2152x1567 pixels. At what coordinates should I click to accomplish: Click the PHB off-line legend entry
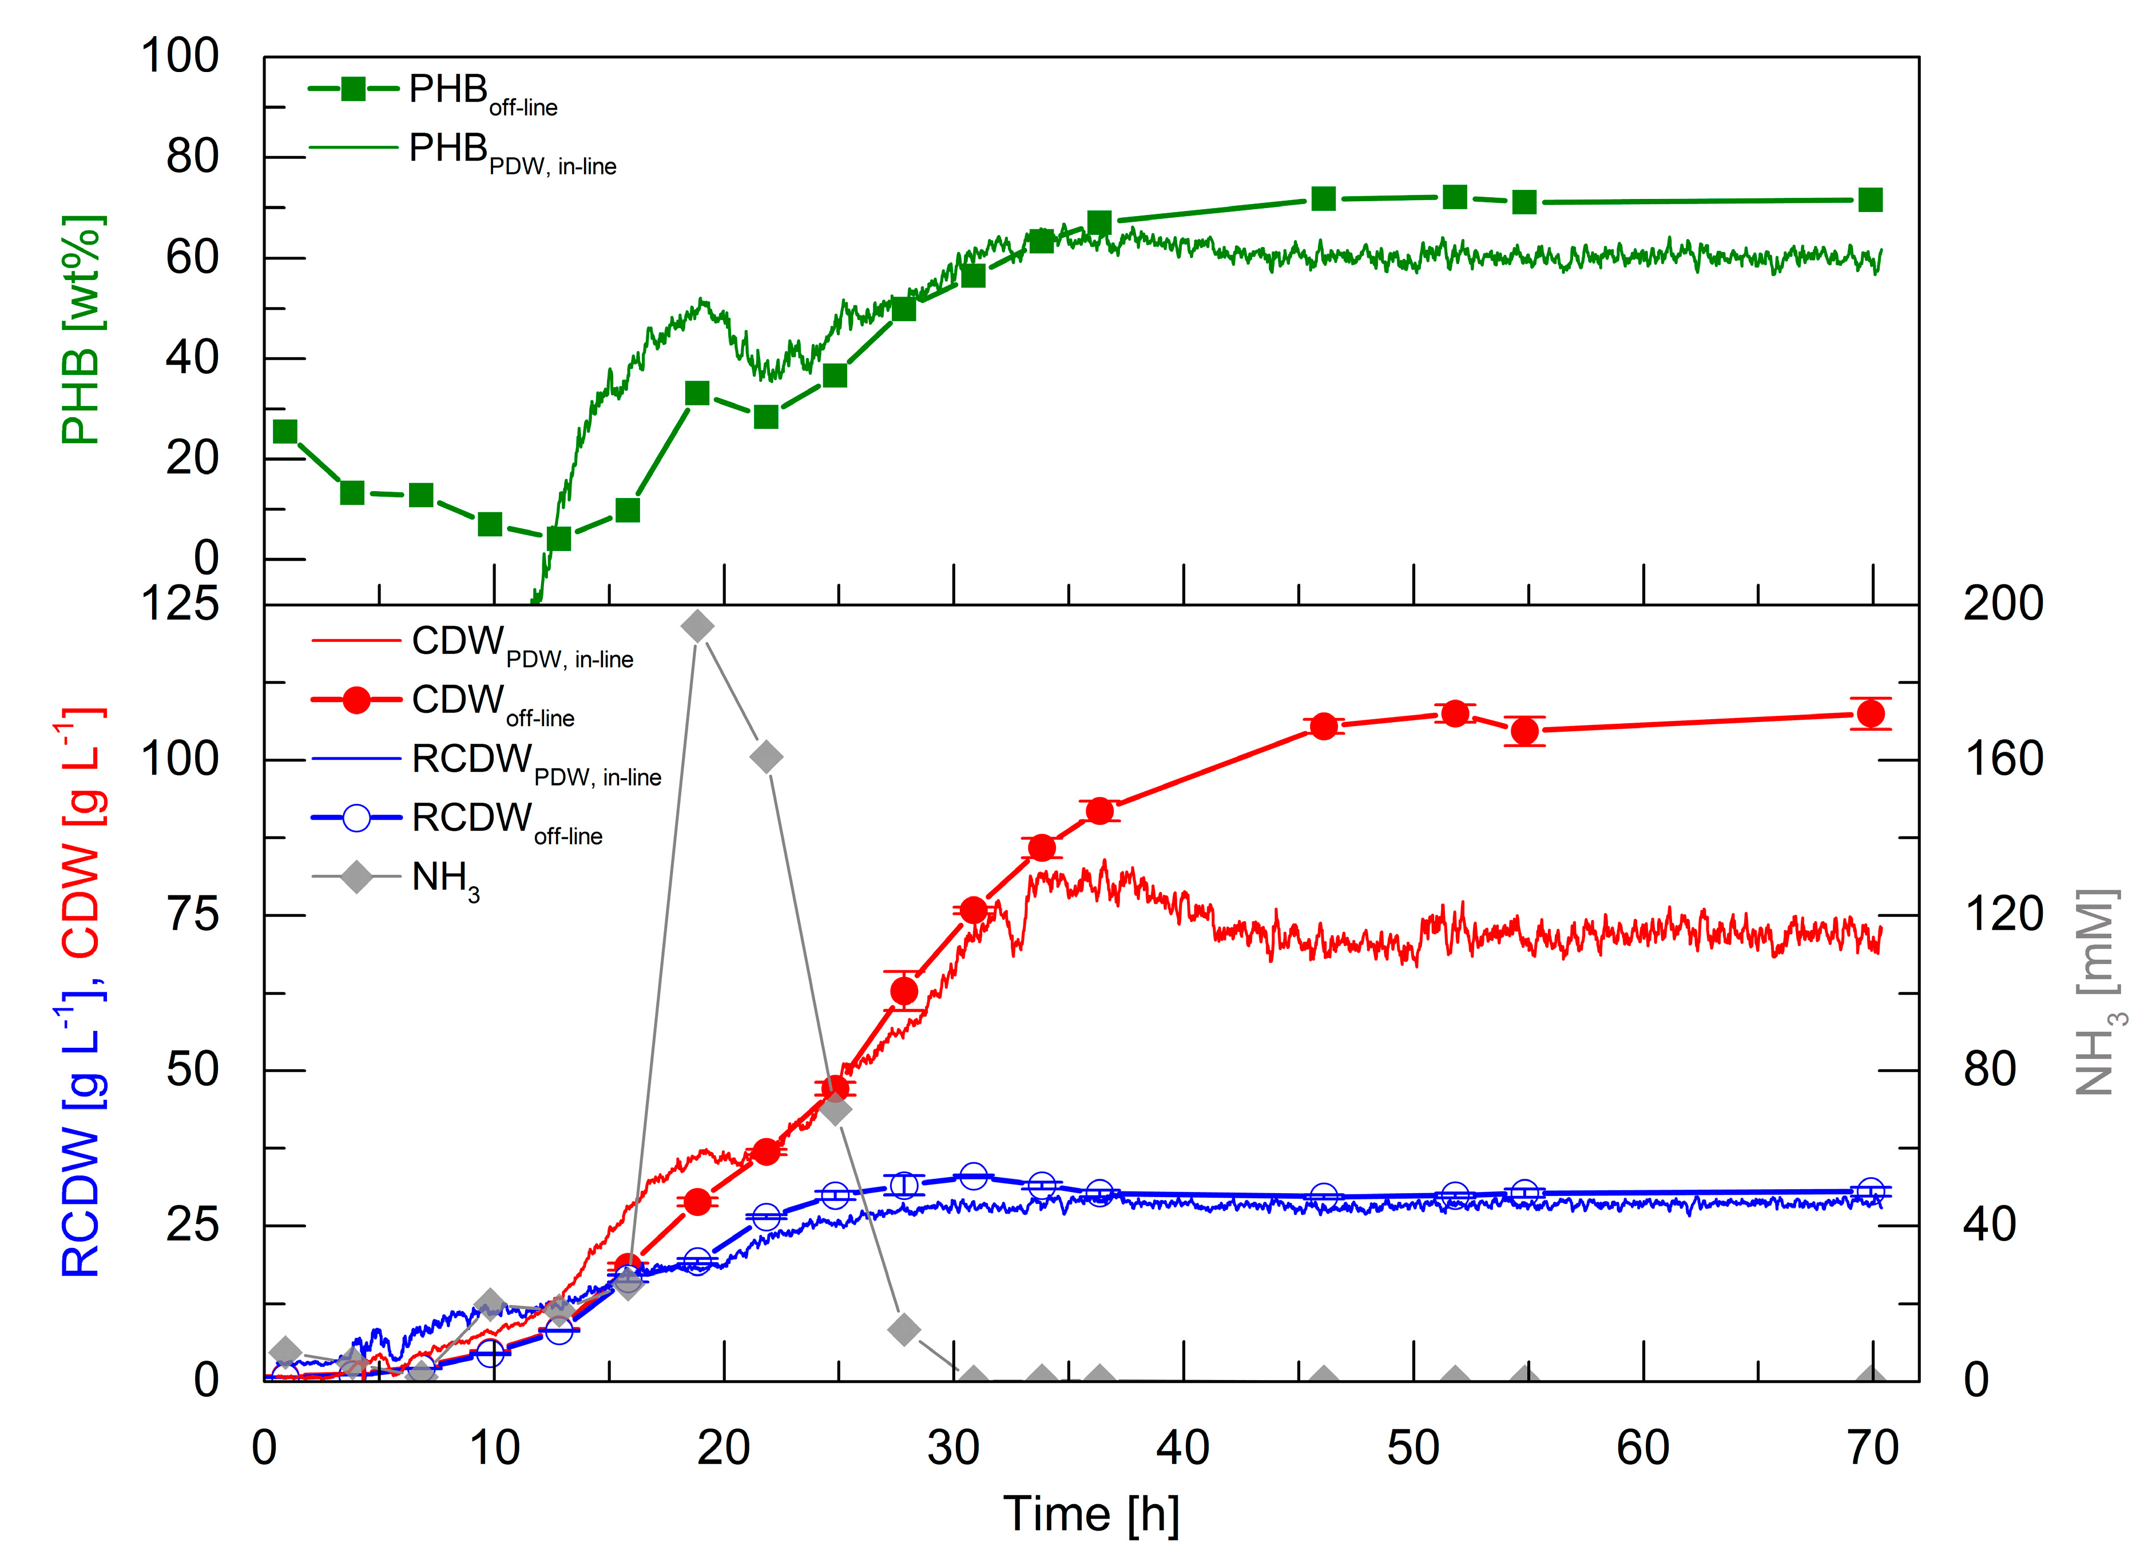[x=432, y=92]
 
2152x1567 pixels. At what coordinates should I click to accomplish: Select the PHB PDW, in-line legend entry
[x=462, y=151]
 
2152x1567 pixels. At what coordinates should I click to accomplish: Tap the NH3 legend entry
[x=396, y=878]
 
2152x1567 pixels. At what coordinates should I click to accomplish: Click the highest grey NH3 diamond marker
[x=697, y=626]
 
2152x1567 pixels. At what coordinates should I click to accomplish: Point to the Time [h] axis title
[x=1091, y=1514]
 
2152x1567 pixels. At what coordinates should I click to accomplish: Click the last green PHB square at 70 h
[x=1870, y=200]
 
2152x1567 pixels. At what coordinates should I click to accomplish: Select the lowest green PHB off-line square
[x=559, y=539]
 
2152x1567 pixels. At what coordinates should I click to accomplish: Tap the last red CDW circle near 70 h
[x=1870, y=714]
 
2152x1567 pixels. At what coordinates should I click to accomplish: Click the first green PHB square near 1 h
[x=285, y=432]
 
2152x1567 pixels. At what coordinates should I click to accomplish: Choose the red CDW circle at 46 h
[x=1324, y=727]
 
